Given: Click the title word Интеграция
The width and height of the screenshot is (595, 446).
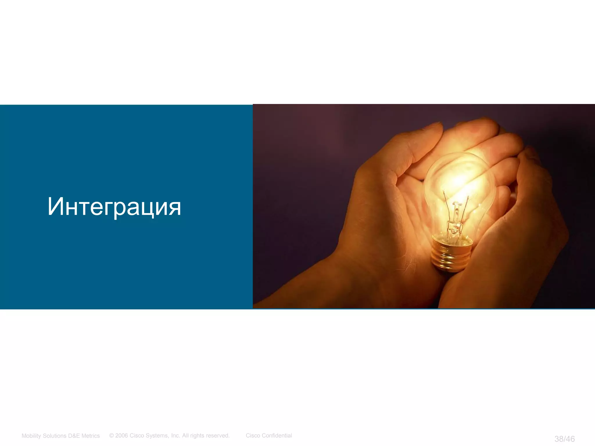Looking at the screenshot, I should click(114, 207).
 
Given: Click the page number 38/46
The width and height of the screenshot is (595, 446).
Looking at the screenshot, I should click(564, 439).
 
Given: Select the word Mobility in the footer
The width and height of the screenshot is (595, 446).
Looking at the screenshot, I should click(32, 436).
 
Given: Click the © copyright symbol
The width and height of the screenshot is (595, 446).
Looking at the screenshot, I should click(112, 436).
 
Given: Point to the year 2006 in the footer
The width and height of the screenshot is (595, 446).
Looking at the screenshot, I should click(121, 436).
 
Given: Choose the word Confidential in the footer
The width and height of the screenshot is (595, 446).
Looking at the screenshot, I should click(277, 436).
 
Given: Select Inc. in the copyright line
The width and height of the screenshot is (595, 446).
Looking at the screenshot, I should click(175, 436).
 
